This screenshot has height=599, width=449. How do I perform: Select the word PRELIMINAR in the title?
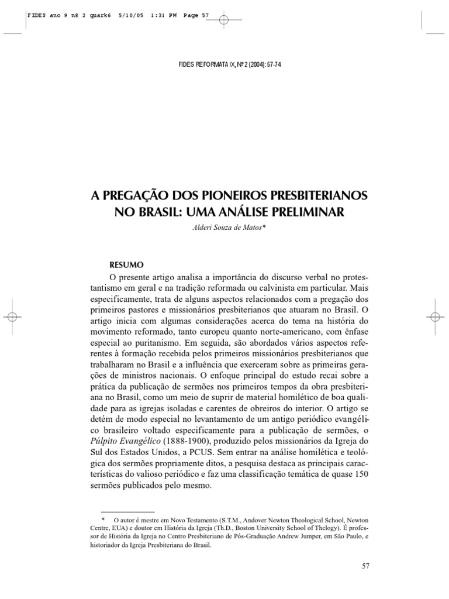click(x=306, y=211)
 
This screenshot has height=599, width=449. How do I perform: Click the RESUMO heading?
click(x=127, y=264)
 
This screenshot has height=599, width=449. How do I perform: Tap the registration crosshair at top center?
click(x=224, y=20)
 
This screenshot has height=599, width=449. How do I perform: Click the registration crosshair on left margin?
click(x=12, y=316)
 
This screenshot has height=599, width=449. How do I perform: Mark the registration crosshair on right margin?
click(x=436, y=316)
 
